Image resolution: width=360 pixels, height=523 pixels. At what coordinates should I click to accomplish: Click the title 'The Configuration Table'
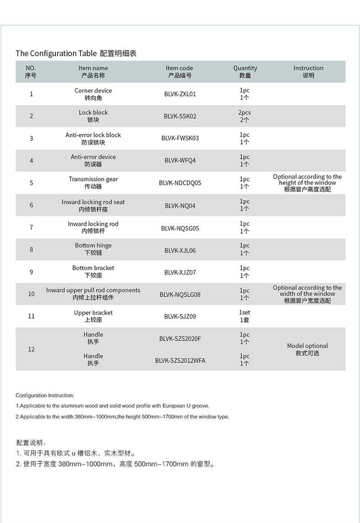click(x=56, y=53)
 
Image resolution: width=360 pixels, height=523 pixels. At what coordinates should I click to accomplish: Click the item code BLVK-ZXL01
click(x=180, y=94)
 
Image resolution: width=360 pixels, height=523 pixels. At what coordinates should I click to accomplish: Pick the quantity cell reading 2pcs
click(x=244, y=116)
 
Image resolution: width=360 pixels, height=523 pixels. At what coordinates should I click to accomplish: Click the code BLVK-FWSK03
click(x=180, y=138)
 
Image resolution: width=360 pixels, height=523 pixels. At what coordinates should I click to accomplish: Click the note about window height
click(x=307, y=183)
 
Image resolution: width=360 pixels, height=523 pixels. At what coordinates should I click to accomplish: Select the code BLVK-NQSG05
click(x=180, y=228)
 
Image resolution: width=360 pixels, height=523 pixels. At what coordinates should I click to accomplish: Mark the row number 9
click(x=31, y=272)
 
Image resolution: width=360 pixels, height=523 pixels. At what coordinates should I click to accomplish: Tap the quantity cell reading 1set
click(x=244, y=316)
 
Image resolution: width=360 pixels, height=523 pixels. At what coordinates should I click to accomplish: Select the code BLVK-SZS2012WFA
click(x=180, y=361)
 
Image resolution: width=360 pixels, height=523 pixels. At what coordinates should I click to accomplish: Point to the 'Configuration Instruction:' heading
click(x=45, y=396)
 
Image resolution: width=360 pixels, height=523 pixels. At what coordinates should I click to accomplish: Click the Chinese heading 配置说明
click(x=31, y=443)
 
